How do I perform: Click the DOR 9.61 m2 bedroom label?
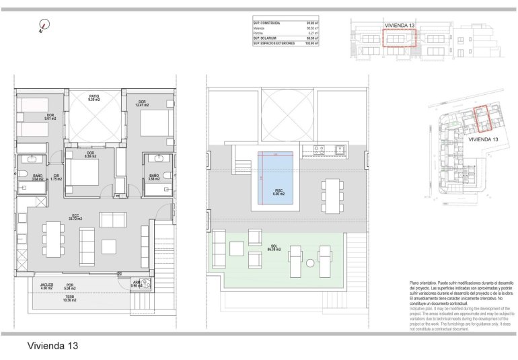(x=50, y=116)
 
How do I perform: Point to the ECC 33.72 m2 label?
(x=76, y=217)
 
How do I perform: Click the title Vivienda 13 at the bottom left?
(x=52, y=346)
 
